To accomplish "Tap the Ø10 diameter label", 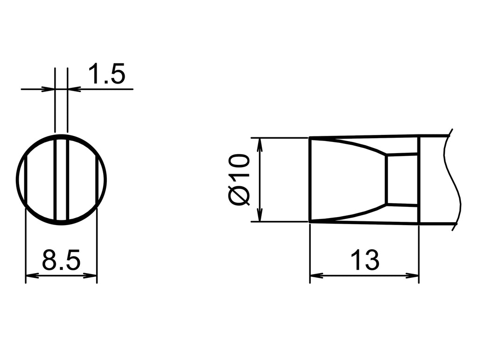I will [239, 180].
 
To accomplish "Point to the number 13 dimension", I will [365, 260].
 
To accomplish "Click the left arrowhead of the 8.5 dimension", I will [31, 275].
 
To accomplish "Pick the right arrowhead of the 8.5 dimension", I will [91, 275].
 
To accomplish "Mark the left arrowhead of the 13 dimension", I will [316, 275].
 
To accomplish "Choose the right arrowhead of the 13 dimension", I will [413, 275].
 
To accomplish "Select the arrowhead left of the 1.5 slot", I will [49, 89].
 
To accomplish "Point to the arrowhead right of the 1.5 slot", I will [74, 89].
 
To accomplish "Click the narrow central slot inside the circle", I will [61, 180].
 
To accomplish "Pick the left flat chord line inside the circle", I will [26, 180].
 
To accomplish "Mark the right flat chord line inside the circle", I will [97, 180].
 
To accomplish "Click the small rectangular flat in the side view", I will [402, 179].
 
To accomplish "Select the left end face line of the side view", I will [309, 180].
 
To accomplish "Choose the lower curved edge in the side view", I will [355, 215].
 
